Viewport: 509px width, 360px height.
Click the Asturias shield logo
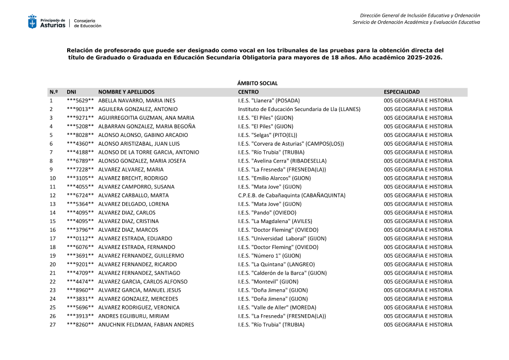[32, 22]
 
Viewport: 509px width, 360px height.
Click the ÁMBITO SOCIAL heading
[258, 83]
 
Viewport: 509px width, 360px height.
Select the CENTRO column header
[249, 92]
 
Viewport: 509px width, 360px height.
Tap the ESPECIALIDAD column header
[402, 92]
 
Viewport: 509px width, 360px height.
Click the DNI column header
[71, 92]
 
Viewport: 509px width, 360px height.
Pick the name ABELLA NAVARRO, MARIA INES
[136, 100]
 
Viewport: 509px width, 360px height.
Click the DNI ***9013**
[80, 109]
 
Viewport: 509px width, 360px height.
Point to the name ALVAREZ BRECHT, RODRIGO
[133, 178]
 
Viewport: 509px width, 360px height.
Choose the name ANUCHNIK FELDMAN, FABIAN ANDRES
[146, 325]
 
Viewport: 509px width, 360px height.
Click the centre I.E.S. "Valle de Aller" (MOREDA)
[277, 308]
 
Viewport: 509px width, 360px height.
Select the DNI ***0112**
[80, 238]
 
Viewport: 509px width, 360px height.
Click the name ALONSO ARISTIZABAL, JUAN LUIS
[138, 144]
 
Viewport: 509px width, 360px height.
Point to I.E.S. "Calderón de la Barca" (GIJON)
[282, 273]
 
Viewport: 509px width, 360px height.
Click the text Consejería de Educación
[88, 23]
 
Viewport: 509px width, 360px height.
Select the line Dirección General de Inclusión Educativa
[419, 15]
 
